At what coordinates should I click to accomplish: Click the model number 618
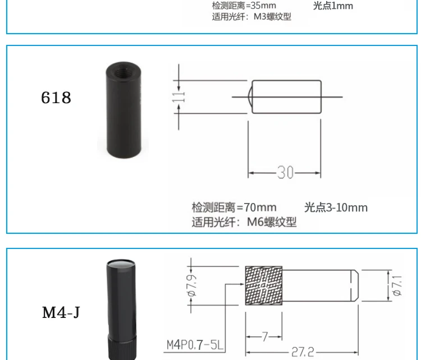(56, 98)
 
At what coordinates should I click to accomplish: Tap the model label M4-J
(61, 312)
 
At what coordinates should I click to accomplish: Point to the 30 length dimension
(285, 172)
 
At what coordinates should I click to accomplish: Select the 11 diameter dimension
(179, 97)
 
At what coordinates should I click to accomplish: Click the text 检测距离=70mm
(234, 207)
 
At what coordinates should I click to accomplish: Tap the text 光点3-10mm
(336, 207)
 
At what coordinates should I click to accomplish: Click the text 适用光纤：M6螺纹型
(244, 222)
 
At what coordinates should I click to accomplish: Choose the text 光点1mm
(333, 6)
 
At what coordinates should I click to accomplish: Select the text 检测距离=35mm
(244, 6)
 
